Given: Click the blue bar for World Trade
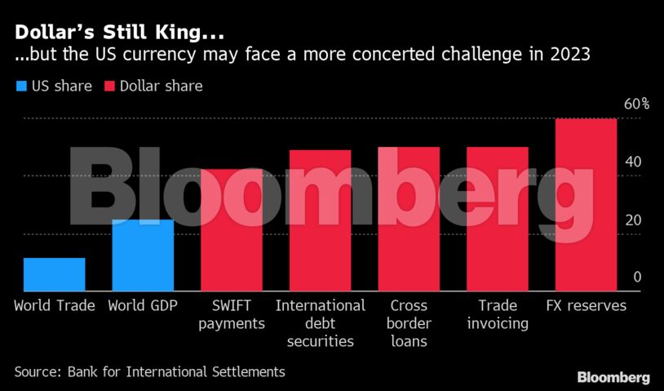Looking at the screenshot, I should coord(54,274).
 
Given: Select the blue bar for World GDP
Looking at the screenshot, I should coord(143,255).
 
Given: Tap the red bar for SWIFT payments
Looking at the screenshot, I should coord(232,230).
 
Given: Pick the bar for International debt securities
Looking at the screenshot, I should coord(320,220).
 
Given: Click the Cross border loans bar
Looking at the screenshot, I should coord(409,219).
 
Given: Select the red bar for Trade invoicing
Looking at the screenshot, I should coord(498,219).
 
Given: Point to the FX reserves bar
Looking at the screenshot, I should coord(586,205).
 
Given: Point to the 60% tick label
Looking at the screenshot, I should coord(636,104).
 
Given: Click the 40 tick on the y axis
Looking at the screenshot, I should coord(633,162).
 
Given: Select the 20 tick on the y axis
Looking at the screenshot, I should coord(633,220).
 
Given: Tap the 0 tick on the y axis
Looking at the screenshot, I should coord(637,278).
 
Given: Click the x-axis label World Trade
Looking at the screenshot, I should coord(54,306).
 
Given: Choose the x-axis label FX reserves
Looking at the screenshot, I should coord(586,306).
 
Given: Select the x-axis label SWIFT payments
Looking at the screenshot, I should coord(232,314).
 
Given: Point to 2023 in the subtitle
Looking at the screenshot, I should coord(568,56).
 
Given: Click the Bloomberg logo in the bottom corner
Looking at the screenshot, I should coord(613,377).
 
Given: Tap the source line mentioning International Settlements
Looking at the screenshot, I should coord(149,371).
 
